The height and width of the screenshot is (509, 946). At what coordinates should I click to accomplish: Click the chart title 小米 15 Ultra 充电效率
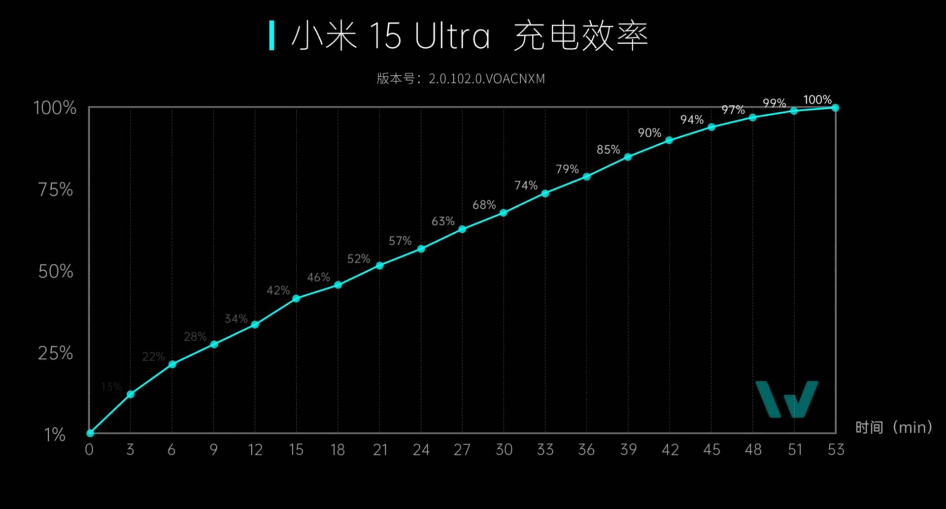tap(469, 36)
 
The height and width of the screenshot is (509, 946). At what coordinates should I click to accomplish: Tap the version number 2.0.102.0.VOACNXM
tap(486, 79)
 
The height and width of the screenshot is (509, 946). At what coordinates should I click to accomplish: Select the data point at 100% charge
tap(835, 108)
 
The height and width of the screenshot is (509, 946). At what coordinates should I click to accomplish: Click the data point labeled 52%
tap(380, 266)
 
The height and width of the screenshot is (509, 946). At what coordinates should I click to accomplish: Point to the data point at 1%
tap(90, 433)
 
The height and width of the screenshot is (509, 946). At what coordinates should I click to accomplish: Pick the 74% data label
tap(526, 186)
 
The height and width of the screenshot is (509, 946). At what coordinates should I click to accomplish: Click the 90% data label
tap(649, 133)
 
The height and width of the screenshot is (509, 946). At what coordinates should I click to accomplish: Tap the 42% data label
tap(278, 290)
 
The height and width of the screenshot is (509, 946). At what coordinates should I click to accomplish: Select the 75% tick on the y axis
tap(56, 190)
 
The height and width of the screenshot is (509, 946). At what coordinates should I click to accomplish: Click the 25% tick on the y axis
tap(56, 353)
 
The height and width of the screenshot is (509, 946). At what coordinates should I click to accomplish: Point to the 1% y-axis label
tap(55, 435)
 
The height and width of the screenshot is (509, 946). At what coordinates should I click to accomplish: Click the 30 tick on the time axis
tap(504, 450)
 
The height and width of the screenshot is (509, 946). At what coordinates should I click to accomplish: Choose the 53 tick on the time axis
tap(836, 450)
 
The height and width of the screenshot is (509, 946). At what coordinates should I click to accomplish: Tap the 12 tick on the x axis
tap(255, 450)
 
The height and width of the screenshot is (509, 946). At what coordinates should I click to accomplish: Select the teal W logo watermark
tap(787, 399)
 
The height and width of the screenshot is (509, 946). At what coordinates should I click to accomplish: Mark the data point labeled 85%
tap(628, 157)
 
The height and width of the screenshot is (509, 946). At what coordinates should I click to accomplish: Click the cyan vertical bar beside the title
tap(271, 35)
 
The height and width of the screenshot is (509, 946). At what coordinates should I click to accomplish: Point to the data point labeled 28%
tap(214, 344)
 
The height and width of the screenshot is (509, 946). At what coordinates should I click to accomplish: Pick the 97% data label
tap(733, 110)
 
